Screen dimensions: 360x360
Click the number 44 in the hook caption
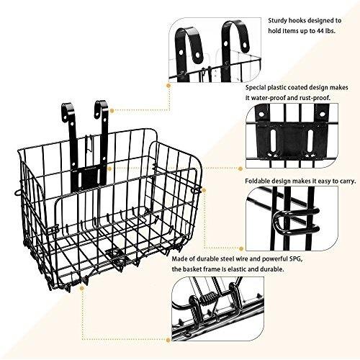[319, 31]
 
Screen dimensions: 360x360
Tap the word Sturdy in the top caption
[277, 21]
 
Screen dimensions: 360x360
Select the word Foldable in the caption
[256, 181]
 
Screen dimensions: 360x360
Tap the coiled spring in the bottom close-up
[209, 298]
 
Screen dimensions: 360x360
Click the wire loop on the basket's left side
[17, 192]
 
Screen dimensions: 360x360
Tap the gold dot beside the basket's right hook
[112, 110]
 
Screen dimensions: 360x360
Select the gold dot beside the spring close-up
[168, 340]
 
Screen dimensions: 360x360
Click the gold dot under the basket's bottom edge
[82, 288]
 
